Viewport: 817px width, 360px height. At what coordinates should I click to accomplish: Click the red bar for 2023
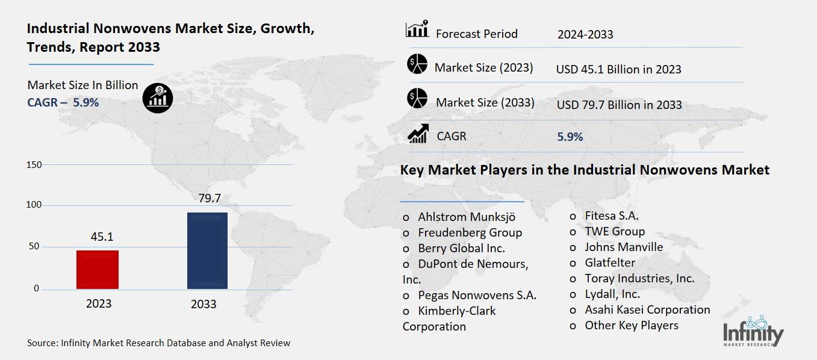pos(98,269)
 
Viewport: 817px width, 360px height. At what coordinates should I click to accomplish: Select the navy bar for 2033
pos(207,250)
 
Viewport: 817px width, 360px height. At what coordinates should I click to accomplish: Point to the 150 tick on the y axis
pos(34,165)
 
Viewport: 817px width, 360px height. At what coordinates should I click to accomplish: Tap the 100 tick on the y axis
pos(34,205)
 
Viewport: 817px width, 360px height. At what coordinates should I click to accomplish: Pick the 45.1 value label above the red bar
pos(102,237)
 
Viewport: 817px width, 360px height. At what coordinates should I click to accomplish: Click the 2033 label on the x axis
pos(203,304)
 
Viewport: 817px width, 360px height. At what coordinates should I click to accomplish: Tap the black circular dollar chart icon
pos(158,98)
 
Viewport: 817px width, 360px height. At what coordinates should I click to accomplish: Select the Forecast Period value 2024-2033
pos(585,34)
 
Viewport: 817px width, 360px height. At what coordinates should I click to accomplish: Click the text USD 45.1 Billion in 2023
pos(618,69)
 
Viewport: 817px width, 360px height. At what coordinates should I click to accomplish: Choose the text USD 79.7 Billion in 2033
pos(619,105)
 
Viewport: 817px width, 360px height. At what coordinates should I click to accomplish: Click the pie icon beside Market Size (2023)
pos(417,63)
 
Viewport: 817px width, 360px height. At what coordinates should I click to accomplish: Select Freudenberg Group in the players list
pos(470,232)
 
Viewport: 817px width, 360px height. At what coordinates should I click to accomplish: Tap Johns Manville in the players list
pos(624,247)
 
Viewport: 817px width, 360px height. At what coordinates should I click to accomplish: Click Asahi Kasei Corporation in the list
pos(647,309)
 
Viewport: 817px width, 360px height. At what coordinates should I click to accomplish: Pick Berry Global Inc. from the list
pos(461,248)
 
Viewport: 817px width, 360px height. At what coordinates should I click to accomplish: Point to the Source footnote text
pos(158,343)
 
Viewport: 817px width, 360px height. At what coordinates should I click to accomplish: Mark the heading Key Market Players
pos(585,170)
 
